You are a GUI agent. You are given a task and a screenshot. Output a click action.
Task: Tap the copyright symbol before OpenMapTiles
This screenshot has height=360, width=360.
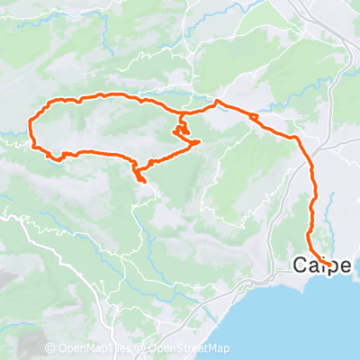click(50, 349)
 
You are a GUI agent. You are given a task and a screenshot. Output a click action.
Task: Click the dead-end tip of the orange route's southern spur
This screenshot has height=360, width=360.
click(142, 181)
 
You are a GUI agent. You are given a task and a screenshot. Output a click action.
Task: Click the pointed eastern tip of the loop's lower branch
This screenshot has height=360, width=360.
click(198, 143)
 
